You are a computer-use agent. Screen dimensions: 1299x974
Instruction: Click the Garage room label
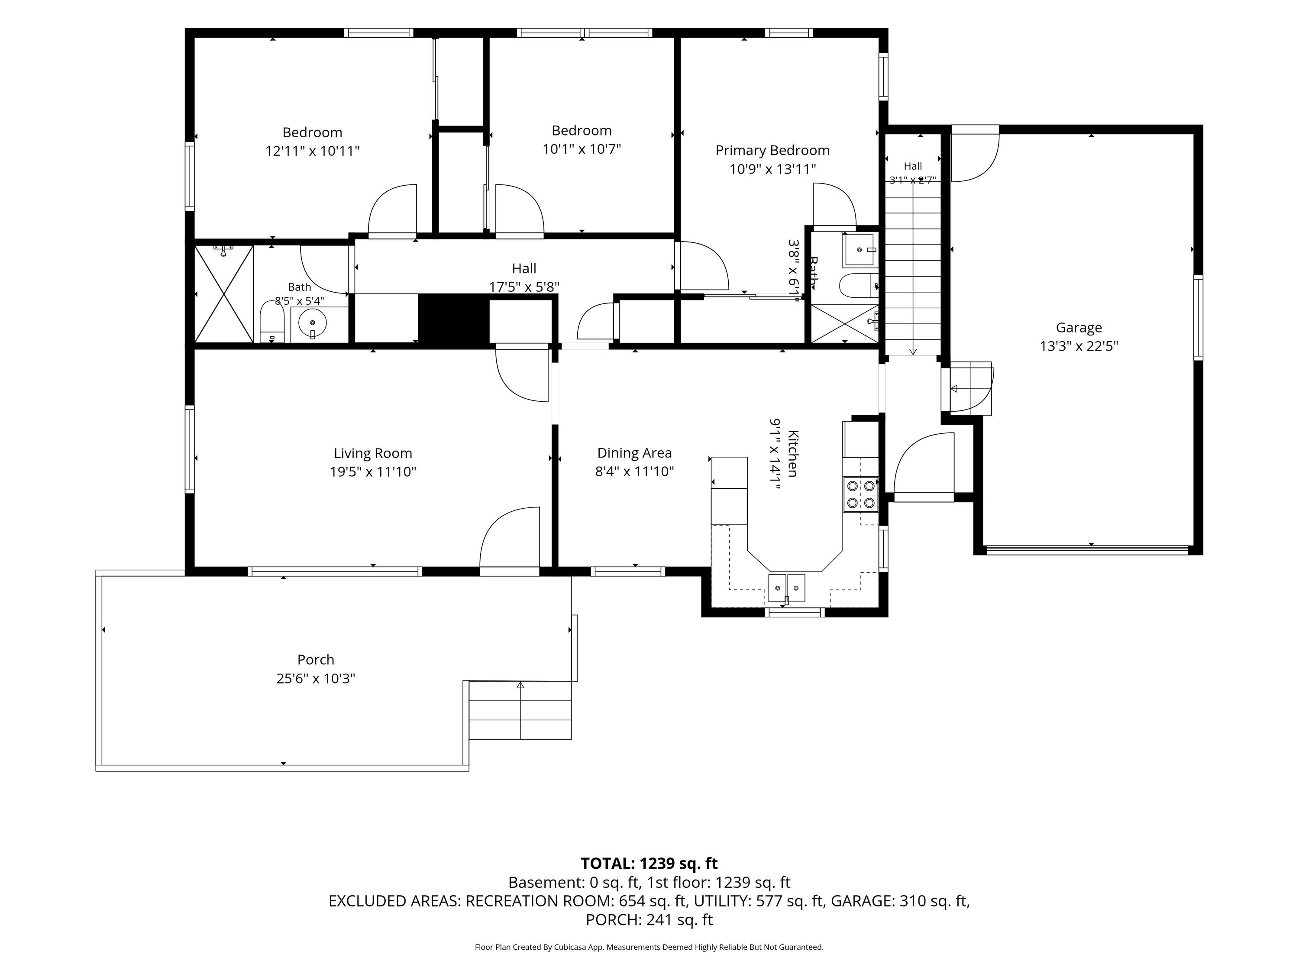point(1079,328)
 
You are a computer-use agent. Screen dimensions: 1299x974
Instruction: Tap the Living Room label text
point(373,453)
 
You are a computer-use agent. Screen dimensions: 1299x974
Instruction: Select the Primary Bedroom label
point(772,150)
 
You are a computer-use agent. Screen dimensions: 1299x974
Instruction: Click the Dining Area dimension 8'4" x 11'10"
point(634,471)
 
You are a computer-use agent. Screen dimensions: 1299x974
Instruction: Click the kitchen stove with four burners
point(860,494)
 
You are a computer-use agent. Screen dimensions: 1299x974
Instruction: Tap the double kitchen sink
point(787,588)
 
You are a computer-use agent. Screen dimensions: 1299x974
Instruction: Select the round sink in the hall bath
point(312,323)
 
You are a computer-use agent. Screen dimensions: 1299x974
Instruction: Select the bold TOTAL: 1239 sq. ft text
point(649,863)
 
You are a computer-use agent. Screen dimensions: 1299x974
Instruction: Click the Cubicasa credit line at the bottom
point(649,947)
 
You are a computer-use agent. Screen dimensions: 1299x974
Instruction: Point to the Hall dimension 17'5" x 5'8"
point(524,287)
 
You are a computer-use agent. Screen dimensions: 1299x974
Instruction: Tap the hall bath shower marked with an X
point(224,294)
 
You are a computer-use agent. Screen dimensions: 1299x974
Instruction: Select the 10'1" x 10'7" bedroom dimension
point(582,148)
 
